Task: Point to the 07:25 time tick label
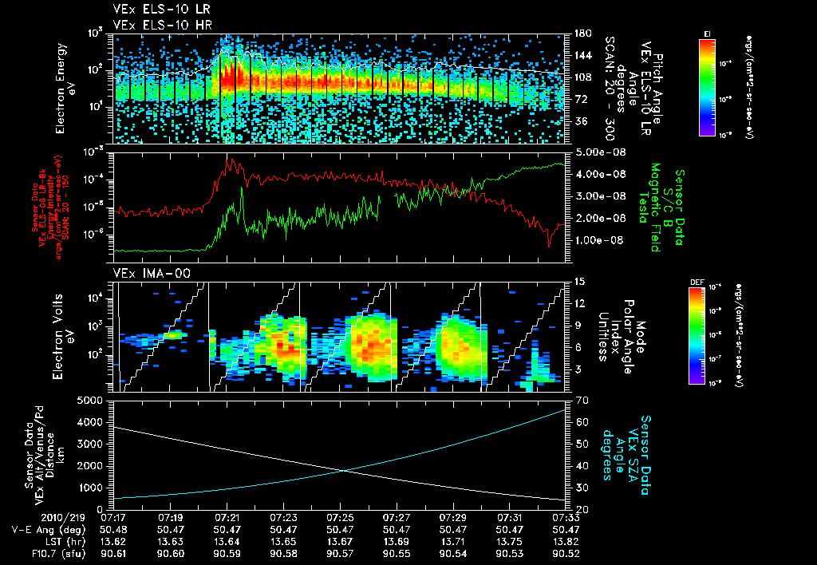[x=341, y=518]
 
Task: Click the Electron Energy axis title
[x=65, y=88]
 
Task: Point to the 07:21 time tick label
[x=228, y=518]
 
